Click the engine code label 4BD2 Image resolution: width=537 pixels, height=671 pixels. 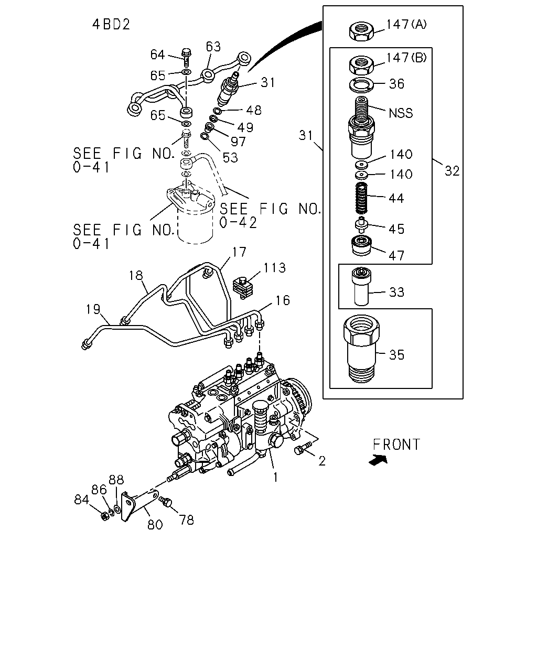[x=111, y=24]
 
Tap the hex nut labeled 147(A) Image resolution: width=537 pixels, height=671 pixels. [x=361, y=31]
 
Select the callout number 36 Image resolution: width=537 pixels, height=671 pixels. [x=396, y=84]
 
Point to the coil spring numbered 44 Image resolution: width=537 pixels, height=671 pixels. [x=361, y=198]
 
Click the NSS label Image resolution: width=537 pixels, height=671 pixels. [x=401, y=113]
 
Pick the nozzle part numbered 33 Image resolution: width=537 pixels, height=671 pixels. [x=361, y=286]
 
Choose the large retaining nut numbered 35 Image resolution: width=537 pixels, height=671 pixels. [x=362, y=349]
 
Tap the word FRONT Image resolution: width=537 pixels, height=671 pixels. [x=396, y=445]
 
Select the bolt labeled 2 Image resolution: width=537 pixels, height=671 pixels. [x=303, y=448]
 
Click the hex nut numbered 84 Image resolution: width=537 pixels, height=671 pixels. [x=105, y=516]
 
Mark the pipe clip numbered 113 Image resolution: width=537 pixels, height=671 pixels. [x=244, y=287]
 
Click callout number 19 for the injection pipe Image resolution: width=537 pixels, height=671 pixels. [x=93, y=309]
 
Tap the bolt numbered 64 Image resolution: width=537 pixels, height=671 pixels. [x=186, y=58]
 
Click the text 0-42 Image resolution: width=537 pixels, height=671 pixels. [x=238, y=223]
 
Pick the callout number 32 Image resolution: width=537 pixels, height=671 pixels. [x=452, y=171]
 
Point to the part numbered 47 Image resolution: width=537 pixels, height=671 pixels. [x=361, y=246]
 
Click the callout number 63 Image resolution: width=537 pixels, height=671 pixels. [x=213, y=47]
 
